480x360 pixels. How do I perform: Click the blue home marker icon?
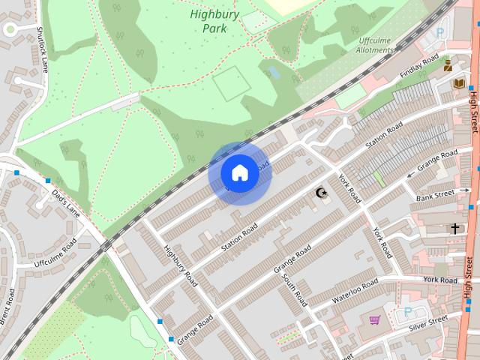pos(239,172)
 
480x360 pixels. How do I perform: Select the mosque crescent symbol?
pos(322,194)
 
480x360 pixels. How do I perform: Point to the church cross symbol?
pos(454,227)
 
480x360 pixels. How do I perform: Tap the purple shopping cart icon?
pos(374,320)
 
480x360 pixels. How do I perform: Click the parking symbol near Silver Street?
pos(408,311)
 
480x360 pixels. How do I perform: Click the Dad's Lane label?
pos(65,199)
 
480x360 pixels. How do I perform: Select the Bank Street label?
pos(436,196)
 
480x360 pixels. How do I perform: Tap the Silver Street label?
pos(427,323)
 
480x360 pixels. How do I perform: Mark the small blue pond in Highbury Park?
pos(273,72)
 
